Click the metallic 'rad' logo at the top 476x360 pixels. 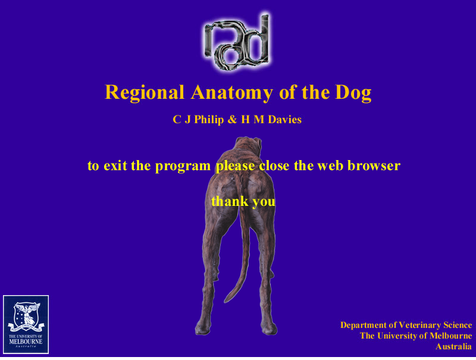pos(237,41)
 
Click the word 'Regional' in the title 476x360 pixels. pos(145,93)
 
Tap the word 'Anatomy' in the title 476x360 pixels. pos(232,93)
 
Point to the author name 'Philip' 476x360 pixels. pos(209,120)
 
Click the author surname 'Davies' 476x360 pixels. pos(285,120)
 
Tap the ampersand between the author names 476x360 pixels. pos(232,120)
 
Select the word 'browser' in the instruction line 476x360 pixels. pos(374,166)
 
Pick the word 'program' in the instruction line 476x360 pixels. pos(183,167)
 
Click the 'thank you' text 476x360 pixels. pos(243,202)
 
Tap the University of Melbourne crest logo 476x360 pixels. pos(26,324)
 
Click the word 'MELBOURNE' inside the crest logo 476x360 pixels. pos(26,342)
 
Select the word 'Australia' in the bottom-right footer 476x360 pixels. pos(453,346)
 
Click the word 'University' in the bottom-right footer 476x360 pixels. pos(398,336)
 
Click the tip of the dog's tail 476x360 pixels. pos(226,301)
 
